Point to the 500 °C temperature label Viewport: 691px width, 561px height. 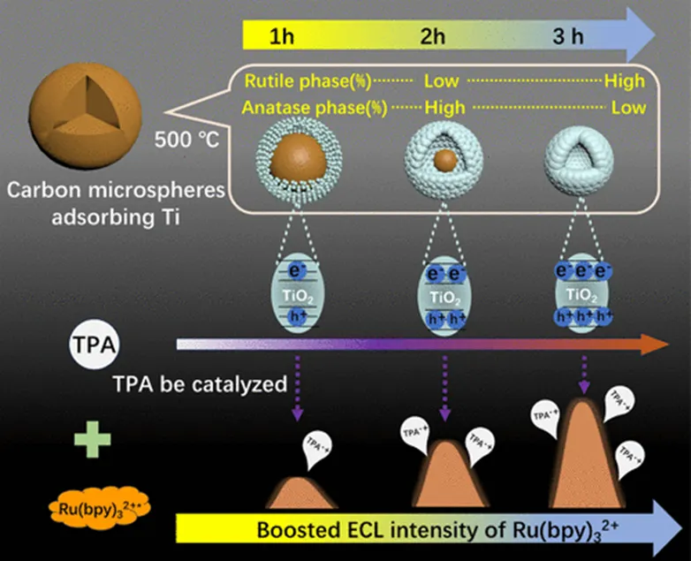coord(186,139)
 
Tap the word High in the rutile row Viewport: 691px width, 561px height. coord(624,81)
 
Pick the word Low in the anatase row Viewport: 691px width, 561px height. coord(628,107)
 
